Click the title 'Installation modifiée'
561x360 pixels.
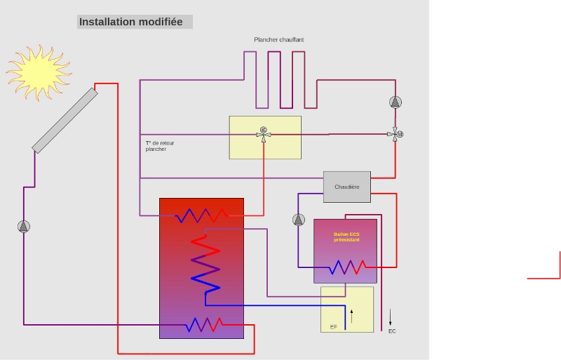click(x=131, y=22)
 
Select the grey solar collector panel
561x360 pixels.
click(x=65, y=119)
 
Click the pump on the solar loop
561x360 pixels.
click(x=24, y=226)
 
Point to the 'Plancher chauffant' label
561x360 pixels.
click(x=279, y=40)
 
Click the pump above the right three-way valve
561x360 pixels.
click(x=396, y=102)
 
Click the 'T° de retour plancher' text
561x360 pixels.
click(x=160, y=146)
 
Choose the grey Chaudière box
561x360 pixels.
click(x=346, y=187)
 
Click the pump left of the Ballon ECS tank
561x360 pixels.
click(x=299, y=220)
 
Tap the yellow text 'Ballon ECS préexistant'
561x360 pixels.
click(x=346, y=237)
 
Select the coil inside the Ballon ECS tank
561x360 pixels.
click(x=348, y=267)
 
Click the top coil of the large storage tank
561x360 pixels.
click(x=203, y=215)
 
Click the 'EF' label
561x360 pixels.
click(x=334, y=327)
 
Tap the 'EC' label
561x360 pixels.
click(x=391, y=331)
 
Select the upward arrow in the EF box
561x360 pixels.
click(x=352, y=316)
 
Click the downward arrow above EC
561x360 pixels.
click(x=391, y=316)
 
